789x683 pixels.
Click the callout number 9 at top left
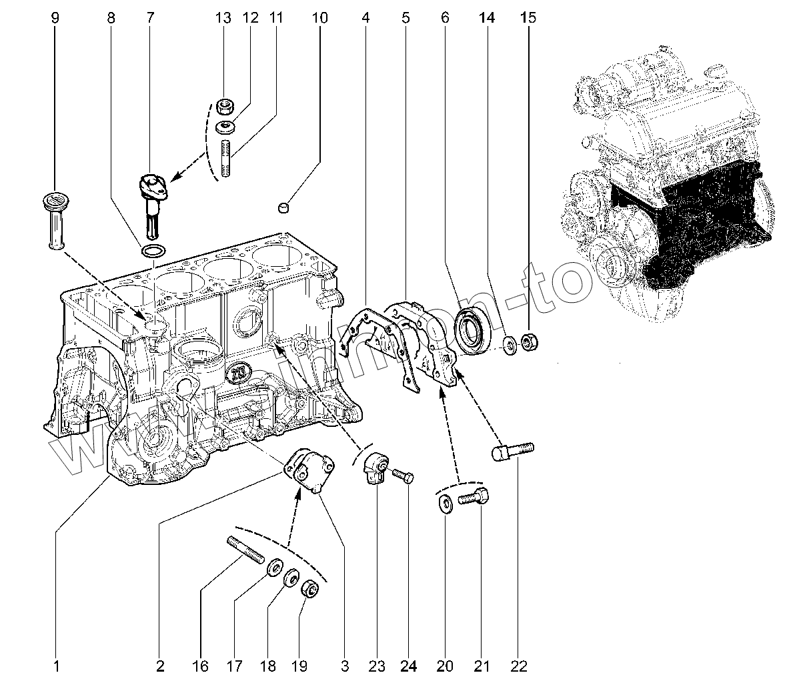coord(55,18)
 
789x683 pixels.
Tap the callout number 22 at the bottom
coord(519,665)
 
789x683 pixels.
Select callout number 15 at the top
coord(528,18)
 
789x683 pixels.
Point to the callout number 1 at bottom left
coord(57,665)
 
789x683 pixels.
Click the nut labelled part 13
coord(227,106)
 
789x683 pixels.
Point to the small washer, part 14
coord(509,344)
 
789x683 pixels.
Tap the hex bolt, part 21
coord(474,498)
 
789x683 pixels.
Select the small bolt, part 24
coord(403,475)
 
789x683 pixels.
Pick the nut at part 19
coord(309,590)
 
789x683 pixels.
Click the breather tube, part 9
coord(55,220)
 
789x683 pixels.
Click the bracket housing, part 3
coord(309,471)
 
